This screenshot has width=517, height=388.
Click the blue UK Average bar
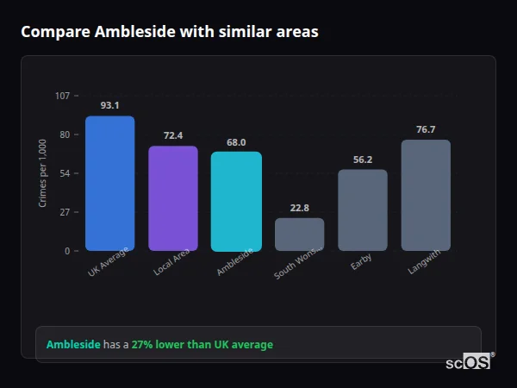109,184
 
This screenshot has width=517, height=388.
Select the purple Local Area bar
173,198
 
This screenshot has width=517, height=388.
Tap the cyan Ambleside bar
236,201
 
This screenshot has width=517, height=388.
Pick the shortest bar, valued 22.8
300,235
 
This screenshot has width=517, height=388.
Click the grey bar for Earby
363,210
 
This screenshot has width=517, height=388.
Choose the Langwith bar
426,195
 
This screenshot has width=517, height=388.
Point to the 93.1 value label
109,105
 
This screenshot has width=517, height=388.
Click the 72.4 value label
173,135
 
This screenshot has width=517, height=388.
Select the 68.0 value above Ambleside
236,142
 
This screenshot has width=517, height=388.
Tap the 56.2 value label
363,160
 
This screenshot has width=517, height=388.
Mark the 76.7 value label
426,129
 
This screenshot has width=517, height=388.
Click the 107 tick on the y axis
62,96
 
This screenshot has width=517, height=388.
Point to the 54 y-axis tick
65,173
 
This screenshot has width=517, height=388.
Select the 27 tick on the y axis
65,212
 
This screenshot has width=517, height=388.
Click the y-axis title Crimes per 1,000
43,173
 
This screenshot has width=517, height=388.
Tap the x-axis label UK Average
109,261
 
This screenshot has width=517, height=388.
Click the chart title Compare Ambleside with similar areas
170,32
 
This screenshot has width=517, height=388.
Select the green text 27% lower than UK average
202,345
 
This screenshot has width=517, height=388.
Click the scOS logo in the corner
469,362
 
